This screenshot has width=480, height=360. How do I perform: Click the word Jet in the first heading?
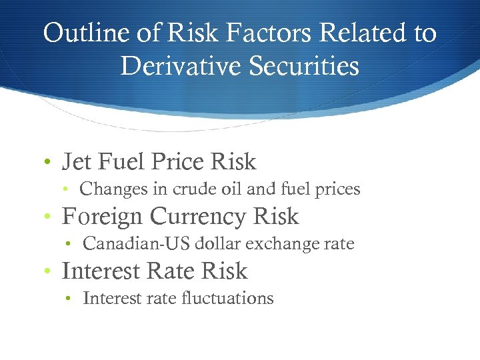pos(76,161)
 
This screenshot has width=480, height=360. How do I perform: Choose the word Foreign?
pos(102,217)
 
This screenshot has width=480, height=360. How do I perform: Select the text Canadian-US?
pos(137,244)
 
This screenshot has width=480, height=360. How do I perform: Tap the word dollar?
pos(219,244)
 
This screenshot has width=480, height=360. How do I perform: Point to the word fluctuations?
pos(227,298)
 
